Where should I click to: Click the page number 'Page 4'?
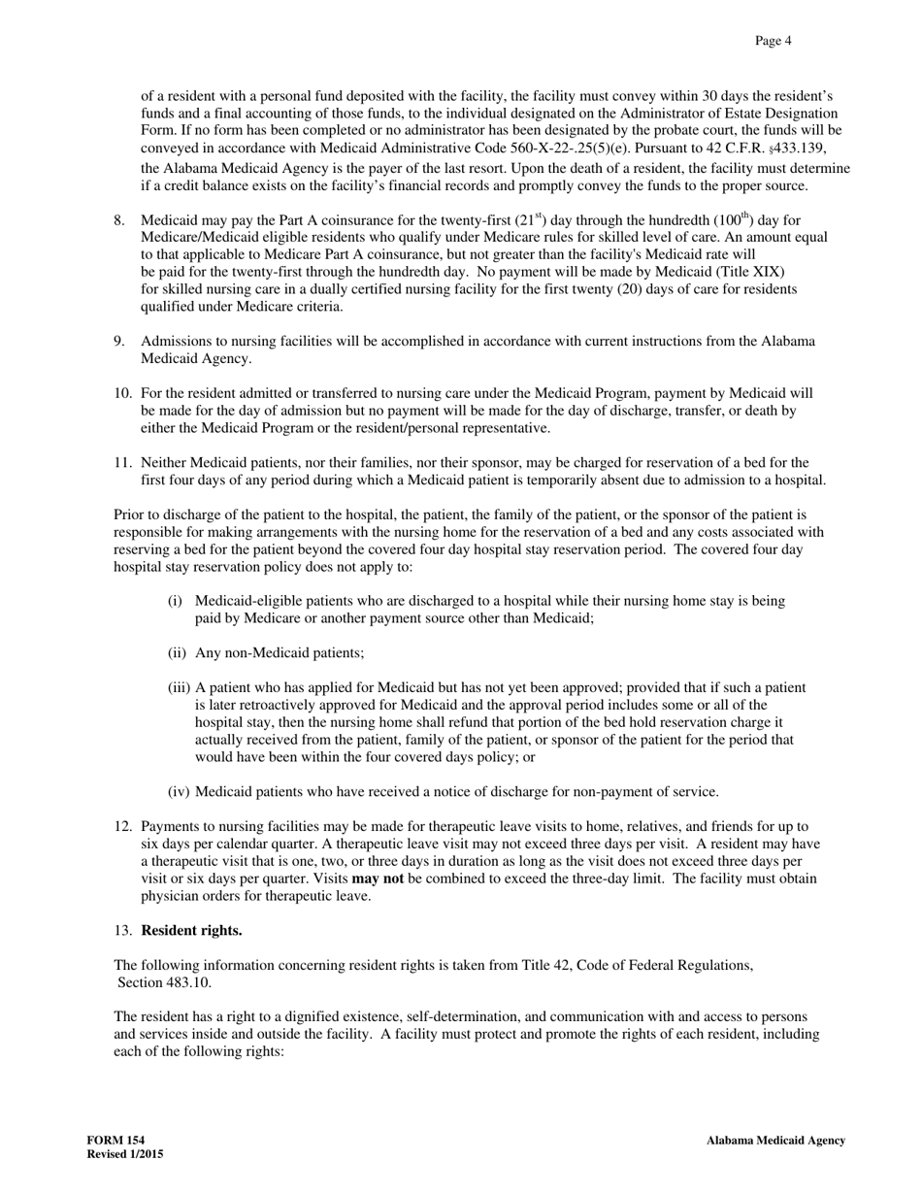(774, 41)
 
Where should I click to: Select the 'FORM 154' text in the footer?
(110, 1141)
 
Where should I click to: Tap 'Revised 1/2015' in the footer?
(125, 1154)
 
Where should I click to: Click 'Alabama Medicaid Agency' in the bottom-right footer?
(775, 1141)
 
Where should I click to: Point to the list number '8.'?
(119, 220)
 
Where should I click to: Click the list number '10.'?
(123, 393)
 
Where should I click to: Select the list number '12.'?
(123, 826)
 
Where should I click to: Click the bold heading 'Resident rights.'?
(191, 931)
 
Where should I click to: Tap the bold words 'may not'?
(378, 879)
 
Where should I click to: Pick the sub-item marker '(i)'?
(175, 601)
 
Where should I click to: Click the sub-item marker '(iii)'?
(179, 688)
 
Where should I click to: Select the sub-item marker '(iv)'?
(179, 791)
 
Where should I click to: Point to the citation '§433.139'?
(798, 148)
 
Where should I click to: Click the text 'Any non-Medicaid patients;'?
(280, 653)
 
